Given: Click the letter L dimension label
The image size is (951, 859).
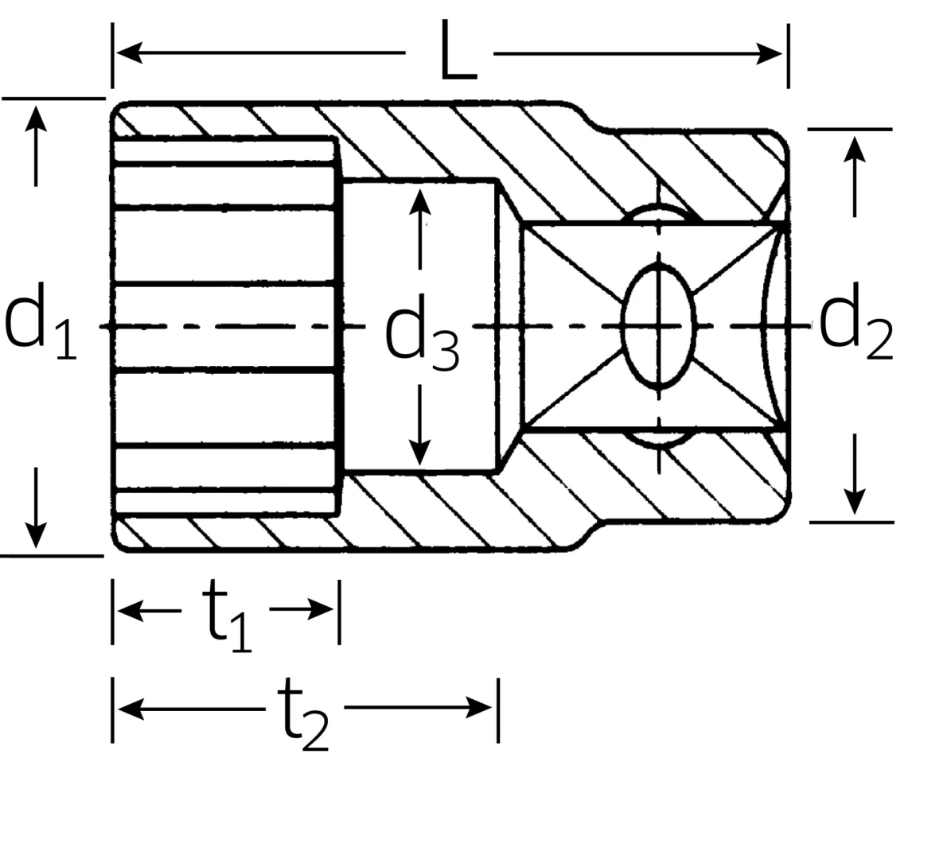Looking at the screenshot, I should pos(458,52).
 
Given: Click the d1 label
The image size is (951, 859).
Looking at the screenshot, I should pos(40,325).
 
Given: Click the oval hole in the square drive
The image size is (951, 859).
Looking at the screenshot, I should pos(658,325).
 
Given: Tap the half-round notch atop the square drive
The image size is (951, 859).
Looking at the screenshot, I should pos(658,216).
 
